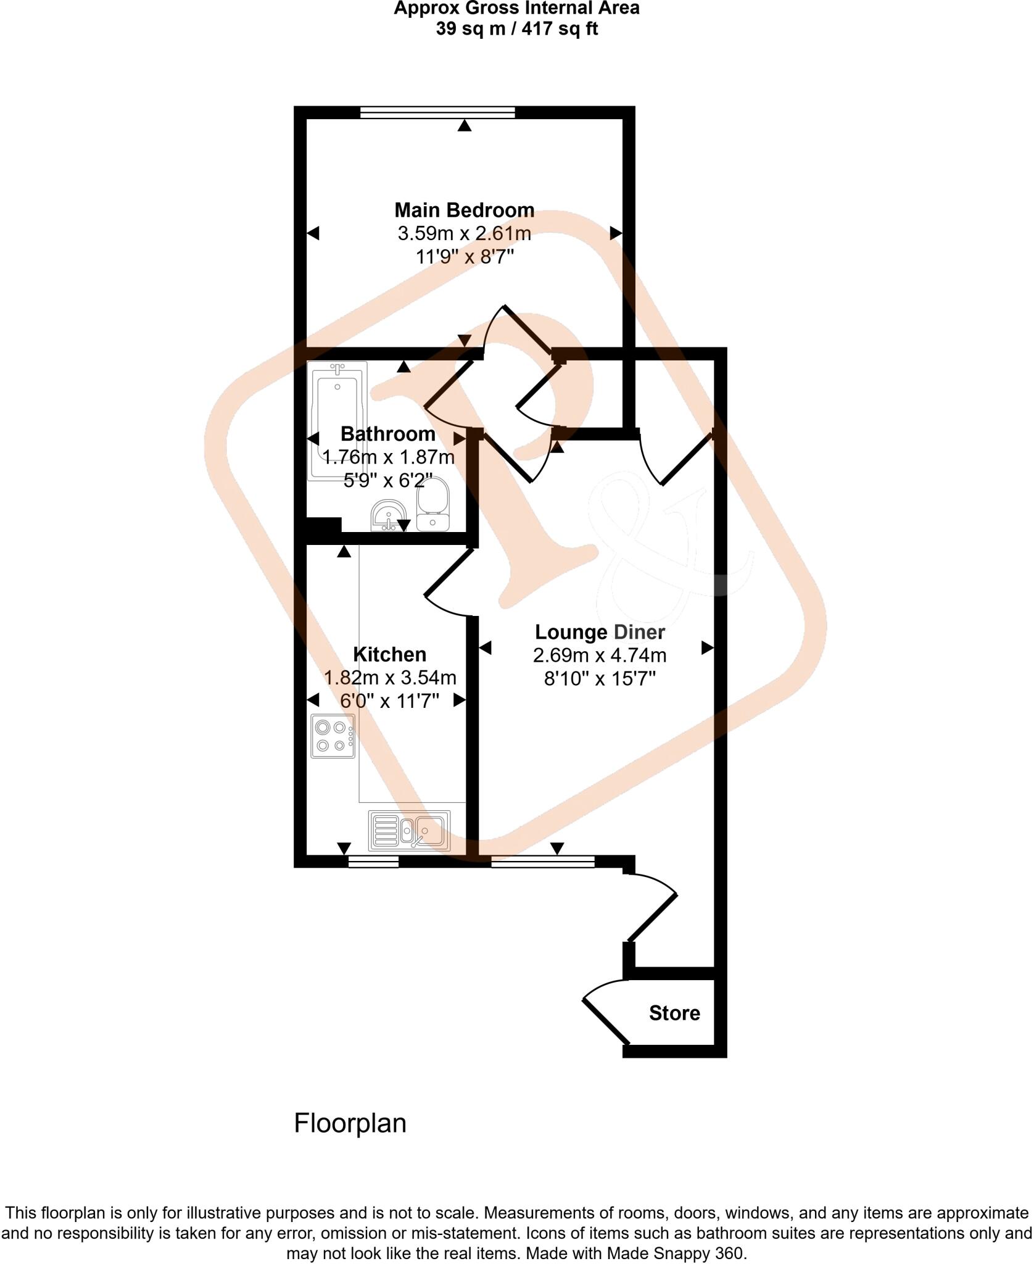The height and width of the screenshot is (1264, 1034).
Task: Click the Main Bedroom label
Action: [464, 210]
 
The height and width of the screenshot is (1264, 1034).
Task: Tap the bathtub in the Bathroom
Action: [337, 420]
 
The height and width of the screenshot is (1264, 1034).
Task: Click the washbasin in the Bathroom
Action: [388, 515]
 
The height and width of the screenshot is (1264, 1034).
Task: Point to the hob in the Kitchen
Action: [333, 736]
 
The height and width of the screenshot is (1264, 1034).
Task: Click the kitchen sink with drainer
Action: [409, 830]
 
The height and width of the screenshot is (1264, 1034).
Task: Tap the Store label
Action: [674, 1013]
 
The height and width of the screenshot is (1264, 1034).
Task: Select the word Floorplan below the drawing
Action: [350, 1123]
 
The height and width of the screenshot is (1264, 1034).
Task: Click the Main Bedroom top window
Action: [437, 112]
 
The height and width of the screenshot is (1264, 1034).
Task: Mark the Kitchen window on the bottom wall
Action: [373, 862]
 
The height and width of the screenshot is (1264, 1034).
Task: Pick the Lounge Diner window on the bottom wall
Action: [543, 862]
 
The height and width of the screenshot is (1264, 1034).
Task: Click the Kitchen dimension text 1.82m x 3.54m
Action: [390, 678]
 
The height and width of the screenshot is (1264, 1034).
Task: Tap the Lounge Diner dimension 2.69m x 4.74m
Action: [600, 655]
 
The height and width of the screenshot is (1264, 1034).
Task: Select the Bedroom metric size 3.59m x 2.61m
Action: [464, 234]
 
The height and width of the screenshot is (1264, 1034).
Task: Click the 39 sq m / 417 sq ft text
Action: [516, 29]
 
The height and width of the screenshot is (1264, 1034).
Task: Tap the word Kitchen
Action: [389, 654]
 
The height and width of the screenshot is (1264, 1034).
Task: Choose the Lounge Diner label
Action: [600, 632]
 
